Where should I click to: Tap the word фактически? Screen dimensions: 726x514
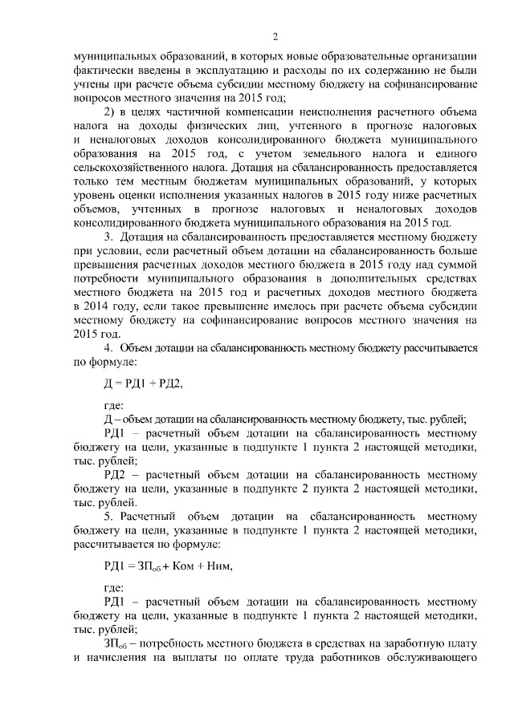point(104,71)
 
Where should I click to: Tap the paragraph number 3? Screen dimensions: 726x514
point(108,237)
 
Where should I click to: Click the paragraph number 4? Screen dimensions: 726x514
point(108,347)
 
